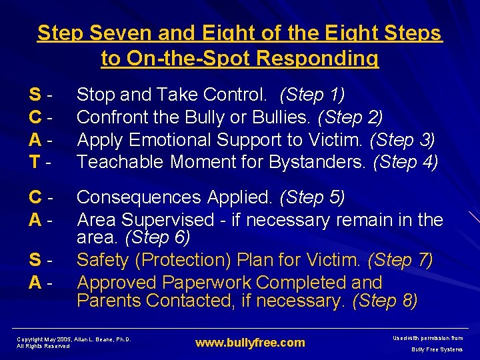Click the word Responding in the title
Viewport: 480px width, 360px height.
(317, 59)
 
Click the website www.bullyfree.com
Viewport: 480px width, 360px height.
(250, 343)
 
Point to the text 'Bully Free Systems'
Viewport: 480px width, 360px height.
(437, 349)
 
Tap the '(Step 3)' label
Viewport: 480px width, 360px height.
(403, 140)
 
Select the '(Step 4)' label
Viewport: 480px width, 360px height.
(406, 162)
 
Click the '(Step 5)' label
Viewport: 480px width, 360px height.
(313, 197)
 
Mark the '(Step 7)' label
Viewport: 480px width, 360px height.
(400, 260)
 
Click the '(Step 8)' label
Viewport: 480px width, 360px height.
(385, 301)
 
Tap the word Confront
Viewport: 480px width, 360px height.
(117, 117)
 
